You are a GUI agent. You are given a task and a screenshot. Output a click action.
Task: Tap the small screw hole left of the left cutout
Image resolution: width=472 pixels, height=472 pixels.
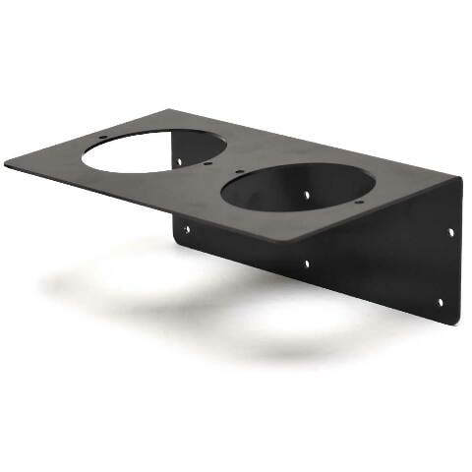103,137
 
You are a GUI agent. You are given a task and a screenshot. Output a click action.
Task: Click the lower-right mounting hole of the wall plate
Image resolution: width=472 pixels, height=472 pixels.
440,302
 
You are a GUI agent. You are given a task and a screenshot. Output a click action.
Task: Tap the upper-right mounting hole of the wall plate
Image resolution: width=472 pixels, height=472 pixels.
451,232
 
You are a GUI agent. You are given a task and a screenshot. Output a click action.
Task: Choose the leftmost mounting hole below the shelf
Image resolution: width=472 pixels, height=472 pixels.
188,229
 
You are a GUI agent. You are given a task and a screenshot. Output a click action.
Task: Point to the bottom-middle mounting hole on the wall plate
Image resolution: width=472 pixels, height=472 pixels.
307,263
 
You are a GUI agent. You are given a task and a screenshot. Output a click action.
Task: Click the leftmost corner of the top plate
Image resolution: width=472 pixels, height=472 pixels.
6,161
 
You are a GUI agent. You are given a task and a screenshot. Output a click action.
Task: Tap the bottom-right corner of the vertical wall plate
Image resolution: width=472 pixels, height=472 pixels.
454,321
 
